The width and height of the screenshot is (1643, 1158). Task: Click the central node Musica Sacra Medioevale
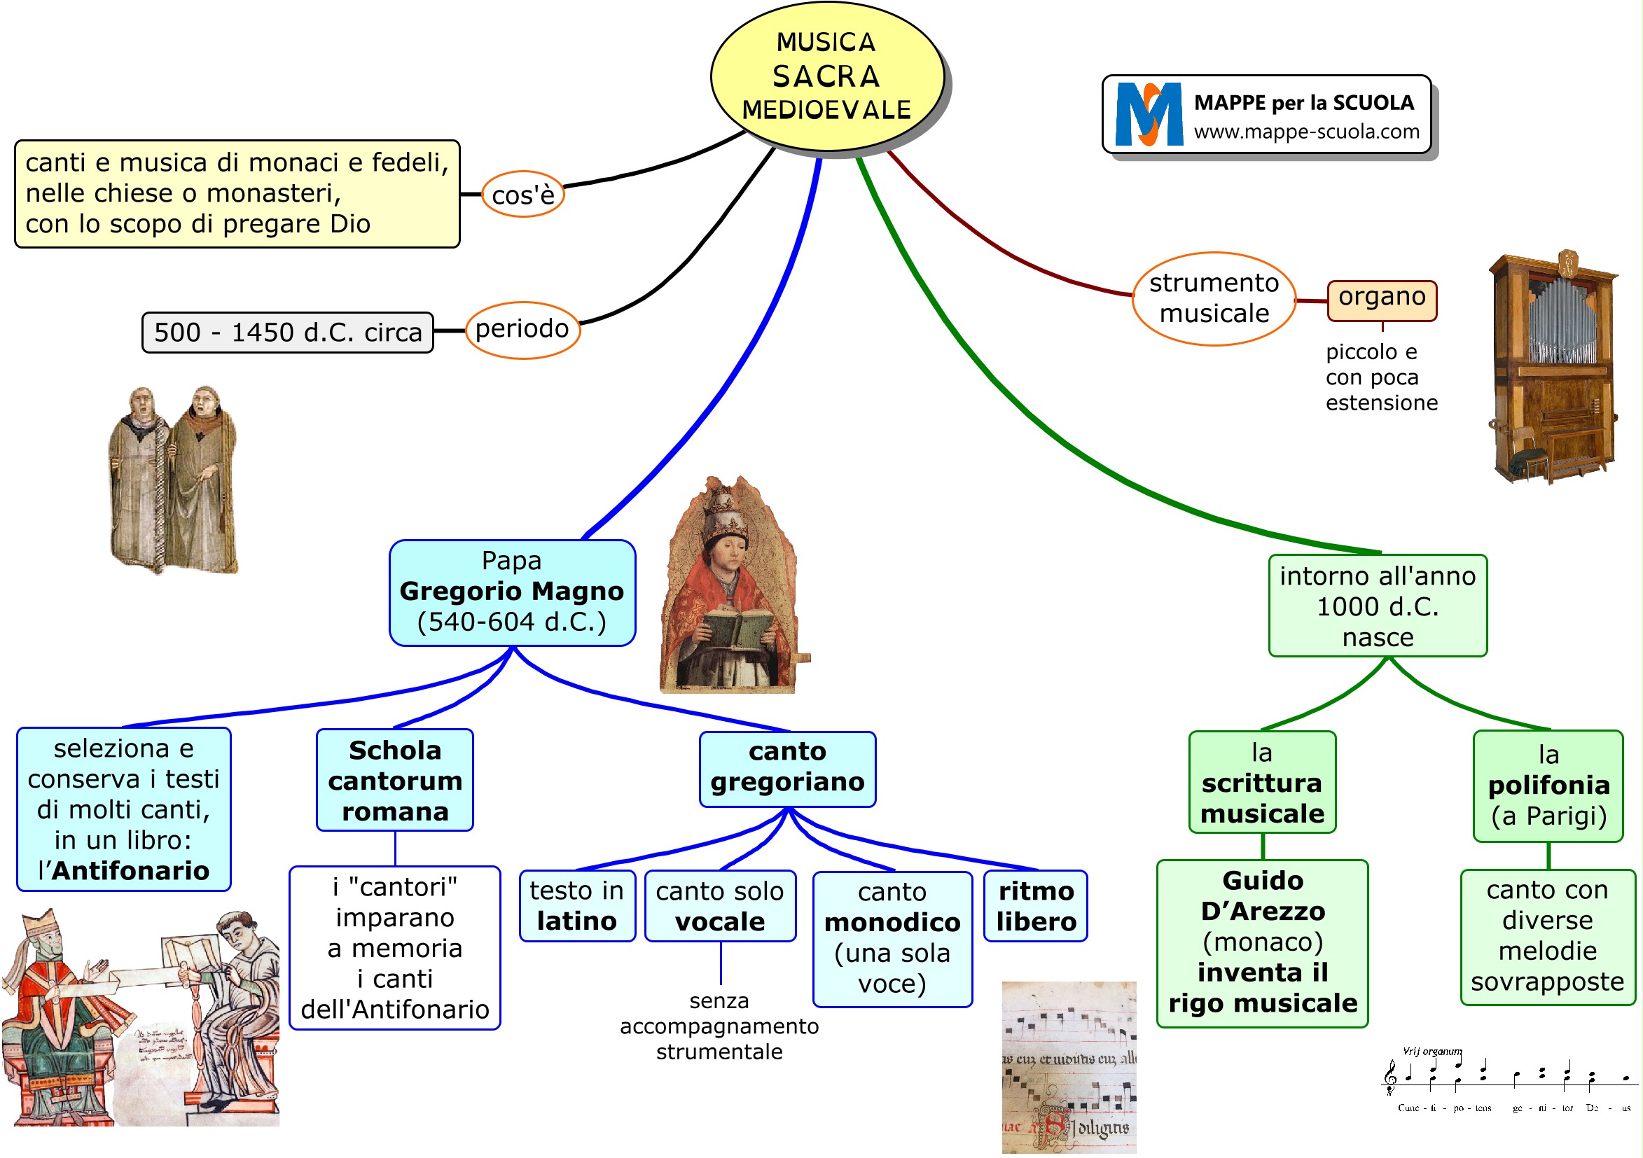coord(826,76)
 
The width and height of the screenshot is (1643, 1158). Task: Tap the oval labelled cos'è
coord(523,195)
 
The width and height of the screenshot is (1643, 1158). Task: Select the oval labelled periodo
coord(522,330)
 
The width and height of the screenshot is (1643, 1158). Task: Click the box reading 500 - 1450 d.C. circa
coord(288,333)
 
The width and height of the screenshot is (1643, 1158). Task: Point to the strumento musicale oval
coord(1214,299)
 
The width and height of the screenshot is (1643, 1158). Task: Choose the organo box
coord(1382,300)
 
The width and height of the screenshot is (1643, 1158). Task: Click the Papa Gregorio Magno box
coord(513,592)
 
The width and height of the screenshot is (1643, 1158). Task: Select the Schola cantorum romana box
coord(395,781)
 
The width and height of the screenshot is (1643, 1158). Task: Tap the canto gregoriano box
coord(787,768)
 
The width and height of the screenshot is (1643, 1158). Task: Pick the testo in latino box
coord(577,906)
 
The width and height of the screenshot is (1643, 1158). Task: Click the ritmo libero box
coord(1036,906)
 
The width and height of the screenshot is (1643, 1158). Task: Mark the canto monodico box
coord(892,938)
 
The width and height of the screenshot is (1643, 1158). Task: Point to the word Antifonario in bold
coord(131,871)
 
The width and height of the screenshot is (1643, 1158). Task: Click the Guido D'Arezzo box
coord(1262,942)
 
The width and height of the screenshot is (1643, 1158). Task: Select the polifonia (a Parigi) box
coord(1548,786)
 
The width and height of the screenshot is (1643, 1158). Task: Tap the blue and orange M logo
coord(1149,114)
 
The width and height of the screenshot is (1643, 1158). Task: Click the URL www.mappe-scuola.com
coord(1307,132)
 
